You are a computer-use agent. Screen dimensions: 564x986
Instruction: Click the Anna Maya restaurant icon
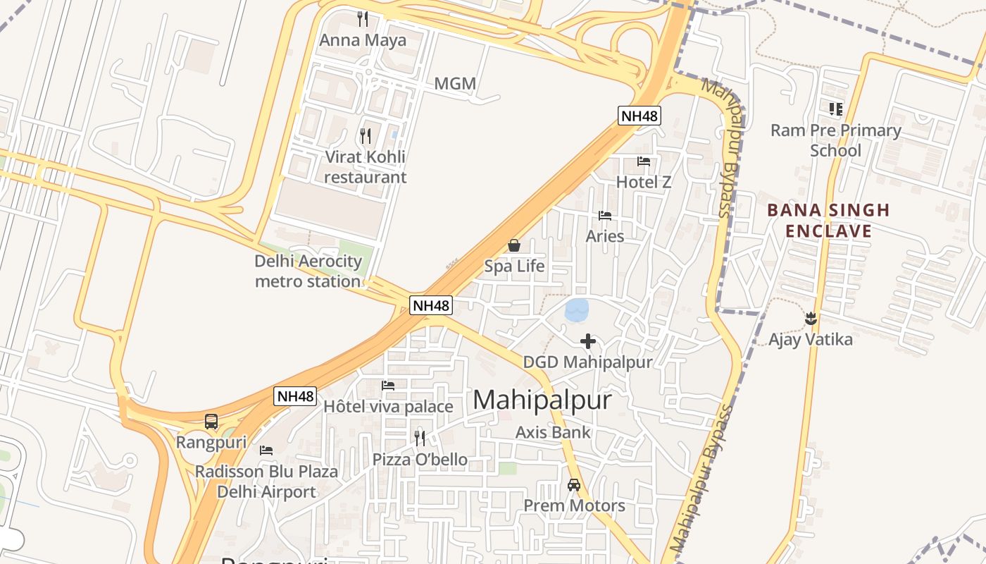click(x=363, y=19)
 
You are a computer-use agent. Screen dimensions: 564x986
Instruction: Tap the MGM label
click(x=455, y=84)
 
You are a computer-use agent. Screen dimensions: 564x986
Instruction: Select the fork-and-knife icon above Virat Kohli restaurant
click(x=365, y=135)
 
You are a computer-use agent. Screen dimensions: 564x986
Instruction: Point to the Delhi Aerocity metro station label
click(x=308, y=271)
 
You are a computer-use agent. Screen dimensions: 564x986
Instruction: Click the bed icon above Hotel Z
click(x=644, y=161)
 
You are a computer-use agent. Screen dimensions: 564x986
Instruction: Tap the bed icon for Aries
click(x=605, y=216)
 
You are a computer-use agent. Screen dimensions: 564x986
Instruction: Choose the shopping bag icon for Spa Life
click(x=514, y=245)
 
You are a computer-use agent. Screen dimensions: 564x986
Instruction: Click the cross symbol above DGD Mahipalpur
click(x=588, y=342)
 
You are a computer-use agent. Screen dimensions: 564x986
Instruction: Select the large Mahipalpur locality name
click(x=542, y=400)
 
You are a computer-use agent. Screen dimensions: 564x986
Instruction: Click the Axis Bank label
click(x=554, y=432)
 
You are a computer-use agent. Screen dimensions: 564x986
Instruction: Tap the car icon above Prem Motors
click(x=574, y=485)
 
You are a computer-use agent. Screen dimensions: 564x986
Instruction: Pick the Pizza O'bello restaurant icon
click(x=420, y=439)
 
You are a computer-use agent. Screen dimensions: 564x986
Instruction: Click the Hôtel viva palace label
click(x=388, y=407)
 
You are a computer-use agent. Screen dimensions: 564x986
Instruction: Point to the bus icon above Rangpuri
click(x=211, y=422)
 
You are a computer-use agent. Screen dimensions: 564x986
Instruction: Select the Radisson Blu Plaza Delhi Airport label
click(x=267, y=482)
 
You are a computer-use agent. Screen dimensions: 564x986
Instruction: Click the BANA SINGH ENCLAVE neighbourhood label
click(x=828, y=221)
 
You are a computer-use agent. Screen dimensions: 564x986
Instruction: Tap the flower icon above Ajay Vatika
click(x=811, y=319)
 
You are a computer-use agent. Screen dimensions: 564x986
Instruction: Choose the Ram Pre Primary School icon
click(x=836, y=109)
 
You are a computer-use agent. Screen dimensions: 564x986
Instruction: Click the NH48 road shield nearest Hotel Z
click(x=639, y=116)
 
